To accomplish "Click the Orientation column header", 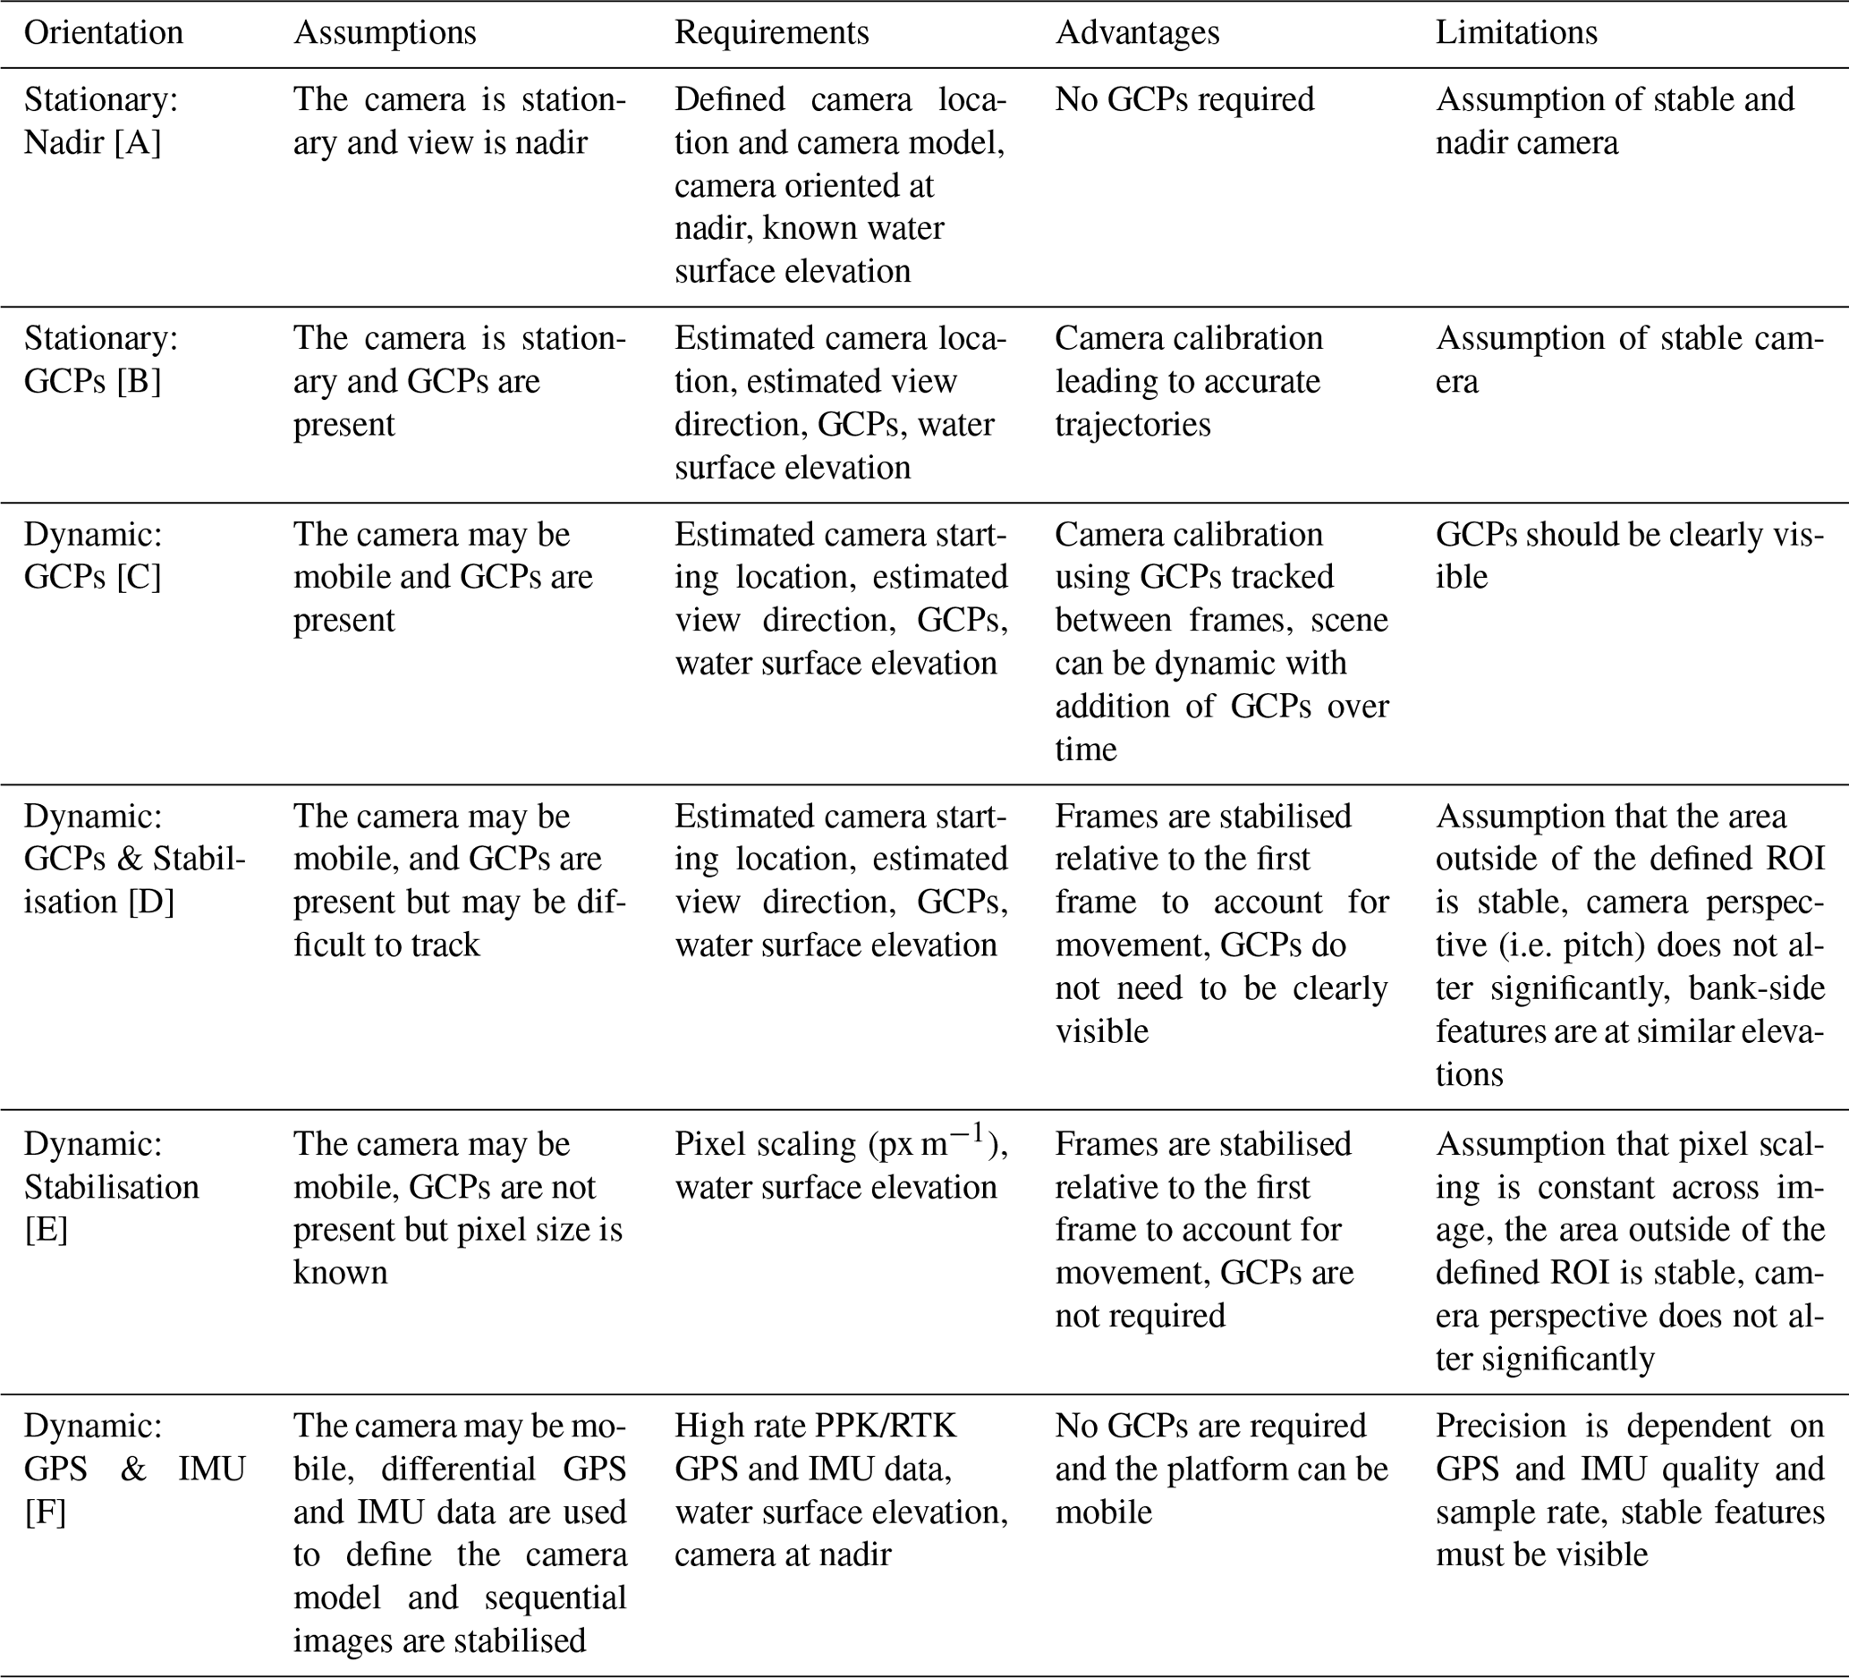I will tap(103, 33).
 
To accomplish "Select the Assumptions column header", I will tap(385, 33).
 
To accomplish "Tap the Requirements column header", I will tap(771, 33).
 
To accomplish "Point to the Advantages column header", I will tap(1137, 33).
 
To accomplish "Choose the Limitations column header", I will tap(1516, 33).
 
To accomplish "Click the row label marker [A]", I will tap(138, 143).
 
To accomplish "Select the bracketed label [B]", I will tap(139, 381).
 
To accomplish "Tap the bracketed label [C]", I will tap(139, 577).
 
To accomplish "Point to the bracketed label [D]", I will tap(151, 903).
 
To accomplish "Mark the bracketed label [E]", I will tap(46, 1230).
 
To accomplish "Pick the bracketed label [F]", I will tap(45, 1511).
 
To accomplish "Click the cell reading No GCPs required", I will tap(1184, 99).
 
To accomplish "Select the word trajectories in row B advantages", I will tap(1132, 425).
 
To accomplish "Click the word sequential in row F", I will tap(555, 1597).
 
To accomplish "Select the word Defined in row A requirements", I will tap(729, 99).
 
